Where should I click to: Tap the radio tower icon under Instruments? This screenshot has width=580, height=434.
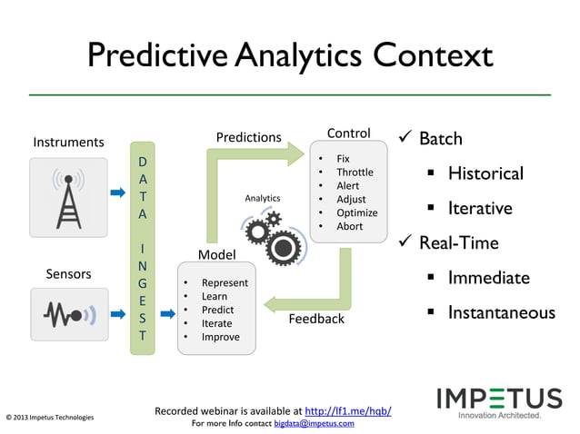[67, 194]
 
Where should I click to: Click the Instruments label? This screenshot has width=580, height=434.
[68, 142]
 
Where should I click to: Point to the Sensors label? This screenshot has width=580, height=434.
[68, 273]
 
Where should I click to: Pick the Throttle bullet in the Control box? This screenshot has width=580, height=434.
[355, 173]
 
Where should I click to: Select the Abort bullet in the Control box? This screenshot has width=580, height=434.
[349, 227]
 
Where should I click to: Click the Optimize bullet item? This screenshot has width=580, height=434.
[356, 213]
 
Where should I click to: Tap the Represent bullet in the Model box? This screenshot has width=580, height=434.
[225, 283]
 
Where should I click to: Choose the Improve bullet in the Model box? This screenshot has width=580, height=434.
[220, 337]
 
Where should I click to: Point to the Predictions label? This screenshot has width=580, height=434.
[248, 137]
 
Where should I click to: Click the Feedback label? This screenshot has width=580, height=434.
[316, 319]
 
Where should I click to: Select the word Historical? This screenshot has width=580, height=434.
[485, 173]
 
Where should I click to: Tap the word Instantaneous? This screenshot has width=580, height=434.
[501, 313]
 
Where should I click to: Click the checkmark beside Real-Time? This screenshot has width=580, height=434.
[405, 243]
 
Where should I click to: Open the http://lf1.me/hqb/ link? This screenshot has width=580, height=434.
[348, 411]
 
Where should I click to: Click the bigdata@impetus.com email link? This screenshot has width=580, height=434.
[314, 423]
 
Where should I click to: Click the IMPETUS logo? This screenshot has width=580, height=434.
[500, 400]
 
